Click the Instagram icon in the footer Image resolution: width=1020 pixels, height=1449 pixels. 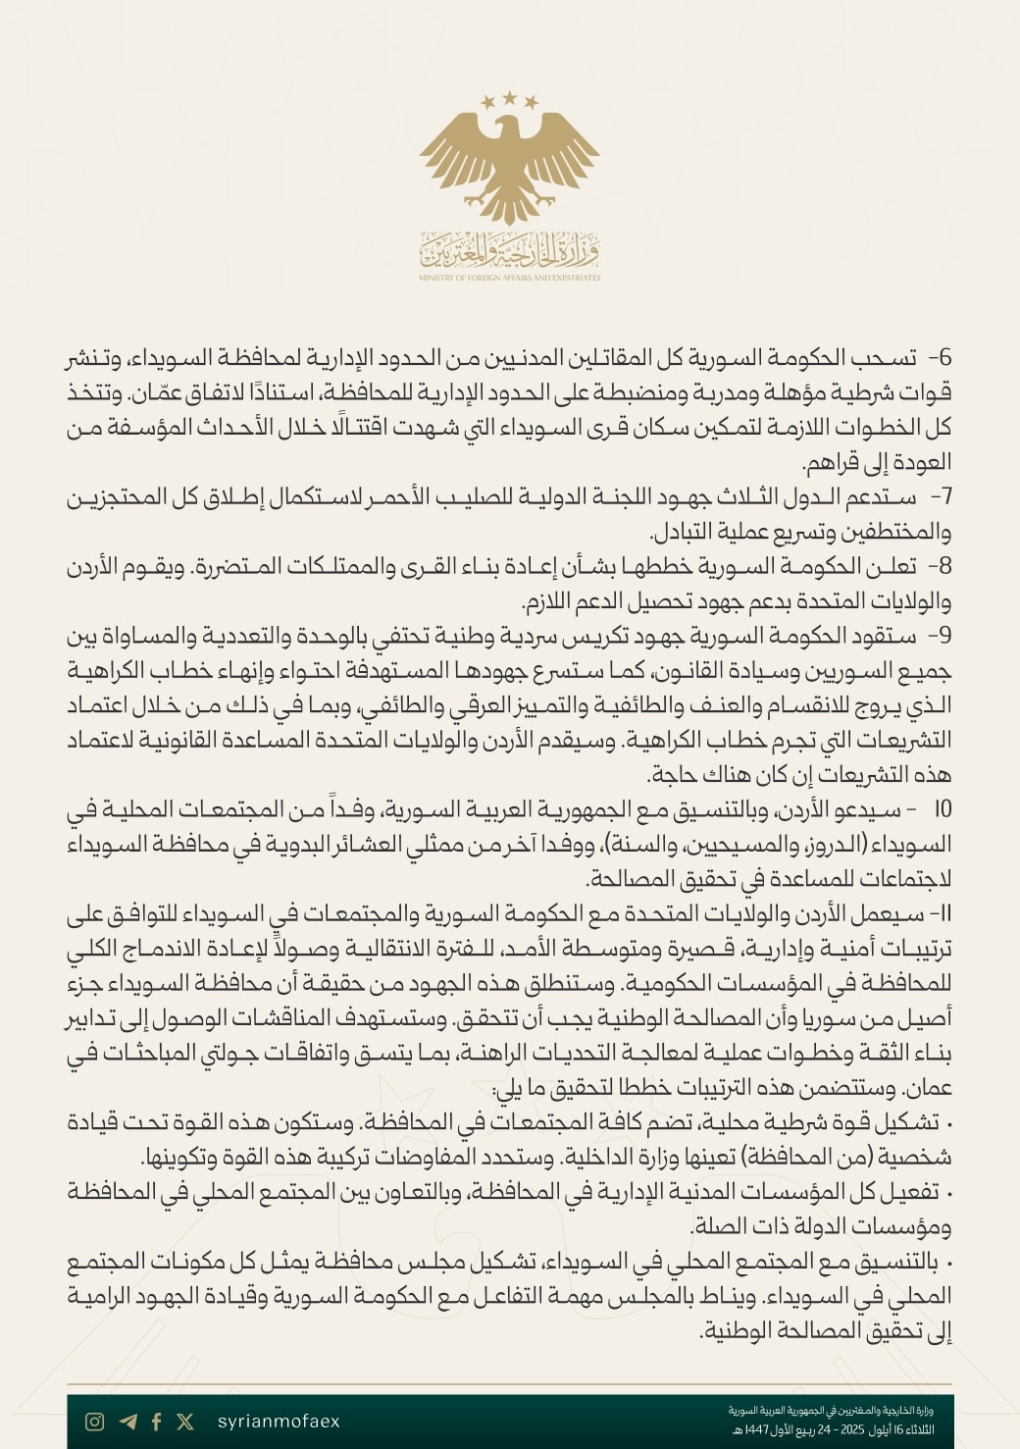click(95, 1422)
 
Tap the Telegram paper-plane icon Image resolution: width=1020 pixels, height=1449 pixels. click(127, 1422)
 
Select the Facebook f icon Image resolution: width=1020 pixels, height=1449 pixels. click(157, 1422)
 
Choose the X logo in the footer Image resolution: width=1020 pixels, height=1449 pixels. click(185, 1422)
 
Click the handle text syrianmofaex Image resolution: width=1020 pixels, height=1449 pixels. click(279, 1422)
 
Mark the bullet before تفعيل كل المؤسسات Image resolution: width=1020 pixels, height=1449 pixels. click(947, 1192)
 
